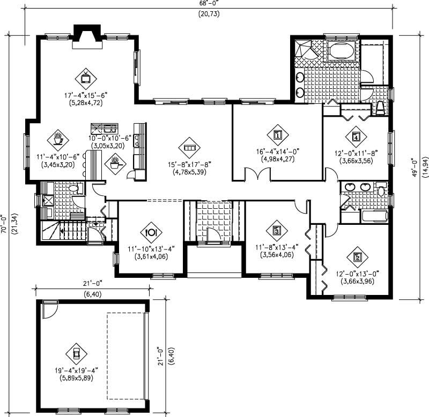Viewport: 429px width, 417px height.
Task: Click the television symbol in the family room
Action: [85, 78]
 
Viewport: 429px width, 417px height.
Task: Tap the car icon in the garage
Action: [75, 353]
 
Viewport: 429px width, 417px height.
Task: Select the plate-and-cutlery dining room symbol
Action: [151, 232]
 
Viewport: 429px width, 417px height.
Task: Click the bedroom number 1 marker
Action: [277, 135]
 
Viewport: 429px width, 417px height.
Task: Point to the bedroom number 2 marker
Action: [358, 256]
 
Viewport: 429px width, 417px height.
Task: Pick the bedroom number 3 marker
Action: [277, 231]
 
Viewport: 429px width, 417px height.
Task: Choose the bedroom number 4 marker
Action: [356, 135]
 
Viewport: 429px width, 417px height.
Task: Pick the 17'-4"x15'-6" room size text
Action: [86, 95]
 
